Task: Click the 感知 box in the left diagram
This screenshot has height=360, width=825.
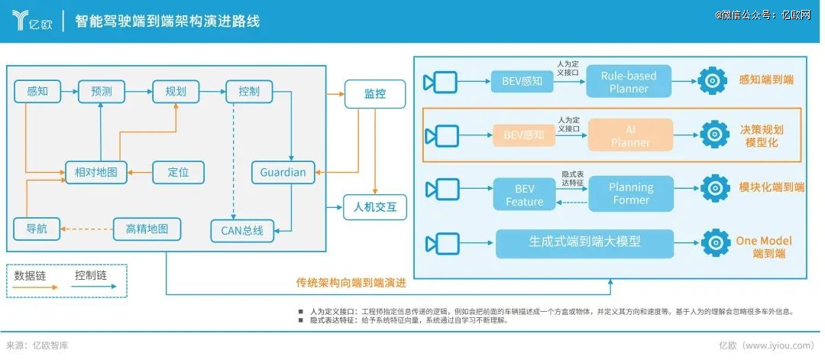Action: point(37,92)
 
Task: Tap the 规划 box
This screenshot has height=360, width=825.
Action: point(176,92)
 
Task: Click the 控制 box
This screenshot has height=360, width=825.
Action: point(249,92)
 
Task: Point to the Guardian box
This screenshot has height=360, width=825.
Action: point(283,172)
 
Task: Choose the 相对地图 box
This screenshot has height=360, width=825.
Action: point(95,172)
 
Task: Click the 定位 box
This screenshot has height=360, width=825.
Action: point(178,172)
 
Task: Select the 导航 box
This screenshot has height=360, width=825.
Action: point(37,229)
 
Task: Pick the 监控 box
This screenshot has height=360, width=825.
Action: point(374,94)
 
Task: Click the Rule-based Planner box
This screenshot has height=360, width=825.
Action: point(629,82)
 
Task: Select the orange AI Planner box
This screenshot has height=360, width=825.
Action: point(630,135)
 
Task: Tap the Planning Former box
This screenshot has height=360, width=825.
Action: point(630,193)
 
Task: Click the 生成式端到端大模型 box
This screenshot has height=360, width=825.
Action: point(584,243)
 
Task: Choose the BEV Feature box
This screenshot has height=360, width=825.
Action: point(524,194)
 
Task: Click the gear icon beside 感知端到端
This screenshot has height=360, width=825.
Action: point(713,80)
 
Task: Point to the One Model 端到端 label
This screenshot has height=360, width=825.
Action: point(764,247)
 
